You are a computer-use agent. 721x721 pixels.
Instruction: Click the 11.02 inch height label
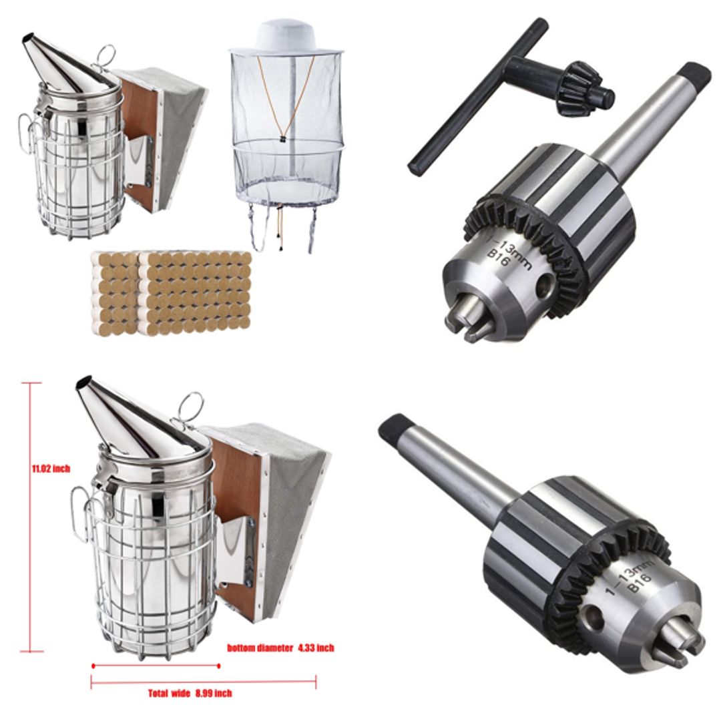point(51,469)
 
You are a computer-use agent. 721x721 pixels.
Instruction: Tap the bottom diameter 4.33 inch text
point(280,648)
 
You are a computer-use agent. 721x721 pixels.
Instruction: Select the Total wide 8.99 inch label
point(190,694)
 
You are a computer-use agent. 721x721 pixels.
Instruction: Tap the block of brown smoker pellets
point(172,292)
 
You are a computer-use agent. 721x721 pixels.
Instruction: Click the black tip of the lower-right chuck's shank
point(394,427)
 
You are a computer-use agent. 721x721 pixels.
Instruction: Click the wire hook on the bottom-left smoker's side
point(79,514)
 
